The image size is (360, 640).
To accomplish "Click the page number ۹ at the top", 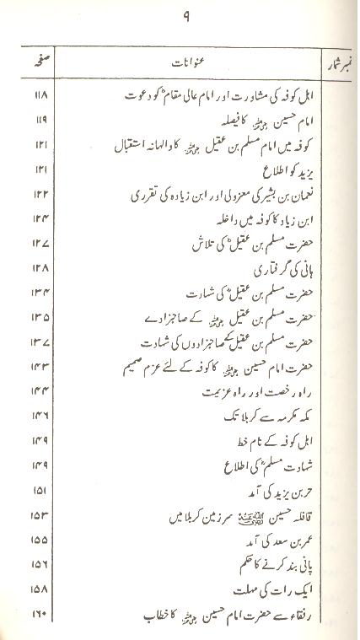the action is (x=185, y=15).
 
